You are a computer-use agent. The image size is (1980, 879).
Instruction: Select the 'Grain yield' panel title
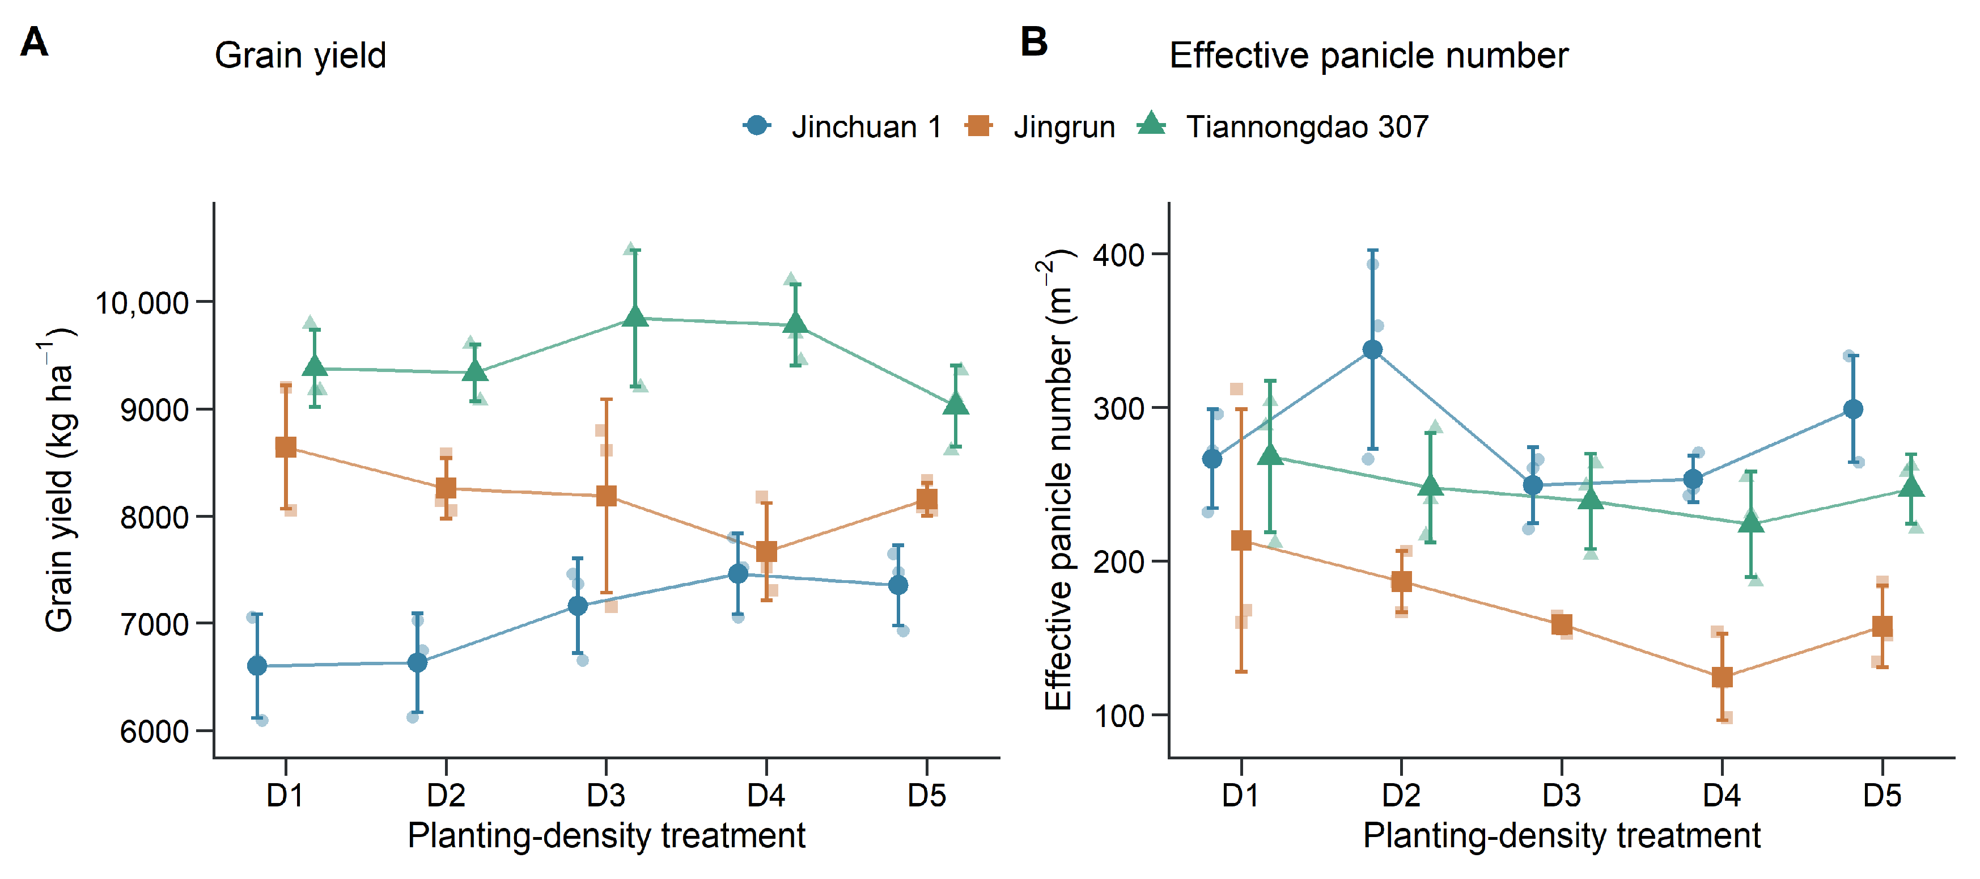pyautogui.click(x=300, y=56)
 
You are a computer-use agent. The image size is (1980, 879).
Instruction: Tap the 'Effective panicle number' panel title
pyautogui.click(x=1368, y=56)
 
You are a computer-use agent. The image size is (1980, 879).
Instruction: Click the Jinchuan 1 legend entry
pyautogui.click(x=842, y=126)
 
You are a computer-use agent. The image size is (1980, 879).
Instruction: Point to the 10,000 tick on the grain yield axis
pyautogui.click(x=142, y=303)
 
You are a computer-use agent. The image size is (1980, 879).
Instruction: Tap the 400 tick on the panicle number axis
pyautogui.click(x=1118, y=255)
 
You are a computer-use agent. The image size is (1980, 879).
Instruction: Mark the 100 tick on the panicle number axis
pyautogui.click(x=1118, y=715)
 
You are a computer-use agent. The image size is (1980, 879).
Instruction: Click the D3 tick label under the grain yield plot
pyautogui.click(x=606, y=795)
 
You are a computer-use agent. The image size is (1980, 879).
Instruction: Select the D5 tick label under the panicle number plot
pyautogui.click(x=1881, y=795)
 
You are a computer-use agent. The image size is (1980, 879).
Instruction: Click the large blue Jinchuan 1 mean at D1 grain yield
pyautogui.click(x=257, y=666)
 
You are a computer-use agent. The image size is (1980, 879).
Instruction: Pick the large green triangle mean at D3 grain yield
pyautogui.click(x=635, y=316)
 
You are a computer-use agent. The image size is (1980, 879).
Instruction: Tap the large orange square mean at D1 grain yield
pyautogui.click(x=286, y=447)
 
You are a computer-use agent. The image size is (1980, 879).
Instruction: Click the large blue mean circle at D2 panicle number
pyautogui.click(x=1372, y=350)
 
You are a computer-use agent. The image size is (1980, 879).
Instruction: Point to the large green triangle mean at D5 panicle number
pyautogui.click(x=1911, y=487)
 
